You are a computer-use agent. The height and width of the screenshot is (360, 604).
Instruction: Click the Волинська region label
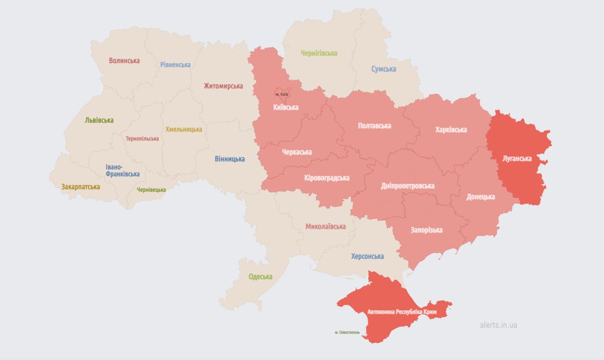tap(124, 61)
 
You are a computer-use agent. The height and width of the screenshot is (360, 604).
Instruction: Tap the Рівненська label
tap(175, 65)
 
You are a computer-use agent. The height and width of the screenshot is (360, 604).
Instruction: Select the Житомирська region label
tap(223, 86)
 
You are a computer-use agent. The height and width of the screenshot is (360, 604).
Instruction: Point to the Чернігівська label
tap(319, 53)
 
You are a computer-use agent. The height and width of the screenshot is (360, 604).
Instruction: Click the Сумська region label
tap(384, 69)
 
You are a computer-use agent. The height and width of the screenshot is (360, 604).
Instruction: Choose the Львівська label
tap(99, 120)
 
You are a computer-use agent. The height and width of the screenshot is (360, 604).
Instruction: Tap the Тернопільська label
tap(142, 139)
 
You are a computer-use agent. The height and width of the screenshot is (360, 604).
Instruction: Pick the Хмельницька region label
tap(184, 129)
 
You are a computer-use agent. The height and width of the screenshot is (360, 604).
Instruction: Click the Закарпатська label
tap(80, 187)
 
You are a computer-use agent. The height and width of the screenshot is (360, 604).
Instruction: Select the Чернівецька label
tap(151, 190)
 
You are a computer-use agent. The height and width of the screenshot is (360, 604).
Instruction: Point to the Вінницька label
tap(229, 159)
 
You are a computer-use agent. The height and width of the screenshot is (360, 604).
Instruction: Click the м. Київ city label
tap(281, 94)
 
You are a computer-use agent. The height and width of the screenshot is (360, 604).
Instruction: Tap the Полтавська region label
tap(374, 126)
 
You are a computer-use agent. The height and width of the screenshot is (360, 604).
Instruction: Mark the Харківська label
tap(451, 130)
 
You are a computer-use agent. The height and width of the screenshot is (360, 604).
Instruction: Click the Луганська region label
tap(517, 159)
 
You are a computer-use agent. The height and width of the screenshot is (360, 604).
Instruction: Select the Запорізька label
tap(426, 230)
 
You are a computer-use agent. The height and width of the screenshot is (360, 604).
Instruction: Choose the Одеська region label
tap(261, 277)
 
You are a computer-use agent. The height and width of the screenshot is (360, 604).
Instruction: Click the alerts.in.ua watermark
tap(498, 325)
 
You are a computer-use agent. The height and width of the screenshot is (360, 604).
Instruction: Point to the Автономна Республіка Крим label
tap(402, 312)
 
